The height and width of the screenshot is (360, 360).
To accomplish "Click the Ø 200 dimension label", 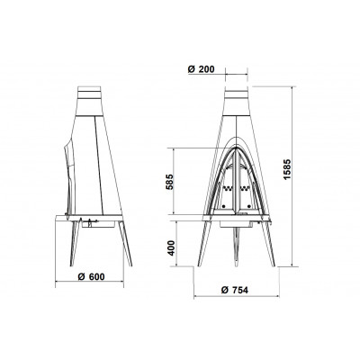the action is click(202, 69).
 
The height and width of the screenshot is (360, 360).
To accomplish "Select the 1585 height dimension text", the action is click(287, 169).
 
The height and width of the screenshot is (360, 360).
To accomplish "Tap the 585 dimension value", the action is click(170, 182).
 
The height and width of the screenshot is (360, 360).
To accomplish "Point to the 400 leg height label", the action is click(171, 247).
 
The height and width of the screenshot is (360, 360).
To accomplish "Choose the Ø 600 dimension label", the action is click(91, 276).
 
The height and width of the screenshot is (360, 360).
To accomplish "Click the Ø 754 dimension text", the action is click(234, 290).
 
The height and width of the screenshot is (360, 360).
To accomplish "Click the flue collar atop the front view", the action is click(237, 101).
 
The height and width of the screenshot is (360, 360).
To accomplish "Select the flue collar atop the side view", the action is click(90, 101).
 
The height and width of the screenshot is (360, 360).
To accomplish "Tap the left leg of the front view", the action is click(204, 243).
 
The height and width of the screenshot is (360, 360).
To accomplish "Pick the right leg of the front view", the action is click(268, 243).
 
